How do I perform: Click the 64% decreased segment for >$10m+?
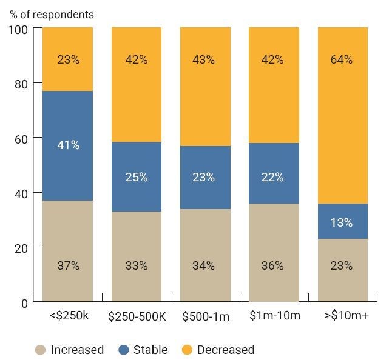343,115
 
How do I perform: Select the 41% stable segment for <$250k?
67,145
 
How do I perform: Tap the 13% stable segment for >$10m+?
343,221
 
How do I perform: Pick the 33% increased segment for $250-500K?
136,256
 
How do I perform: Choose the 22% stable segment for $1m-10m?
274,173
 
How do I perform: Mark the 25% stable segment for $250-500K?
136,177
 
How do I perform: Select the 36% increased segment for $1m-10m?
274,252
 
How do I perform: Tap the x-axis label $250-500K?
137,316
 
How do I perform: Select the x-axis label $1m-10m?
274,316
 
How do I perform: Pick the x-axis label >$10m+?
343,316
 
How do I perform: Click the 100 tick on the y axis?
19,29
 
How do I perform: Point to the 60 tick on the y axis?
21,139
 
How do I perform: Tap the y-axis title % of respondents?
52,14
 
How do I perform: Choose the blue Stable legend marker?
123,350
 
